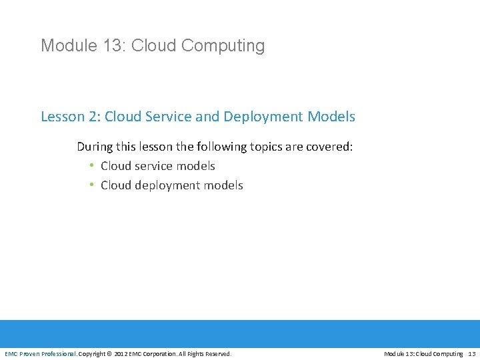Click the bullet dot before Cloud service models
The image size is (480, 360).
[x=91, y=166]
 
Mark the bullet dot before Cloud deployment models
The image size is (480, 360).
[x=91, y=185]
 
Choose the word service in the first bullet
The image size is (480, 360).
[x=153, y=166]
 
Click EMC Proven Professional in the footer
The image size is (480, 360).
[x=41, y=353]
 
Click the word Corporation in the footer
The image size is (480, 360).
[x=159, y=353]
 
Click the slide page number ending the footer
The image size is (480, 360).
[x=472, y=353]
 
